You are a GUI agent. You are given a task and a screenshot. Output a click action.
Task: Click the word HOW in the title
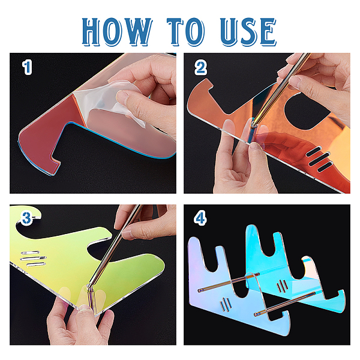116,32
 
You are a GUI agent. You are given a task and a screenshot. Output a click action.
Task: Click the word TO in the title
186,32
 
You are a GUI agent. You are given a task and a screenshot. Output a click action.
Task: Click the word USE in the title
248,32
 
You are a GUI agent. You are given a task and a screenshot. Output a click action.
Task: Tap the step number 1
27,67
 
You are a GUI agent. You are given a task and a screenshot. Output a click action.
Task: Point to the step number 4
200,218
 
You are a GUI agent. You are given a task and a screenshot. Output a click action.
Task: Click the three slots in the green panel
34,259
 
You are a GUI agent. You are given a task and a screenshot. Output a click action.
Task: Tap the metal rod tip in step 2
254,124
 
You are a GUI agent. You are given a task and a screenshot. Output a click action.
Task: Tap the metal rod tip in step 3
88,286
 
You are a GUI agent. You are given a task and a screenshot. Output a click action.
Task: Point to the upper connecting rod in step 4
229,282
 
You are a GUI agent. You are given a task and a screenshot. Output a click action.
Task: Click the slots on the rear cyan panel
282,286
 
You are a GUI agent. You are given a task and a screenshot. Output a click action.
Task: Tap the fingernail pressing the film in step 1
121,95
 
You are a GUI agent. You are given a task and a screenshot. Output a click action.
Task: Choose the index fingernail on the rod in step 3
128,234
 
